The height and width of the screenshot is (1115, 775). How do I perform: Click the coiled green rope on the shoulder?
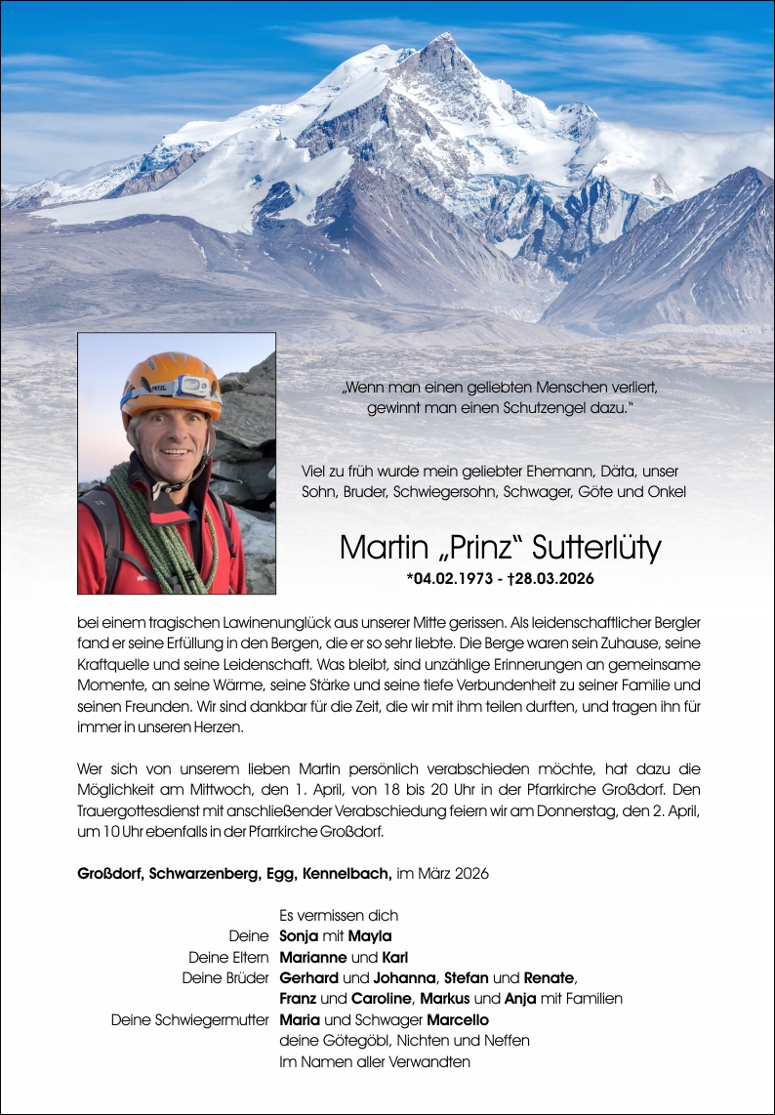(x=156, y=532)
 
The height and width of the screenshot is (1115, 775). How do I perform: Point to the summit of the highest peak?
(x=445, y=39)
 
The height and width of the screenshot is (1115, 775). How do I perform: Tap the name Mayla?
(x=371, y=936)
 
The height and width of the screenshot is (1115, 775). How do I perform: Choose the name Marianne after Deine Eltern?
(x=313, y=957)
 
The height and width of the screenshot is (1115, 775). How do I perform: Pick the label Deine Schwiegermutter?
(x=189, y=1020)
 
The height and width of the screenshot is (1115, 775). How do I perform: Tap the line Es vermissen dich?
(x=339, y=916)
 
